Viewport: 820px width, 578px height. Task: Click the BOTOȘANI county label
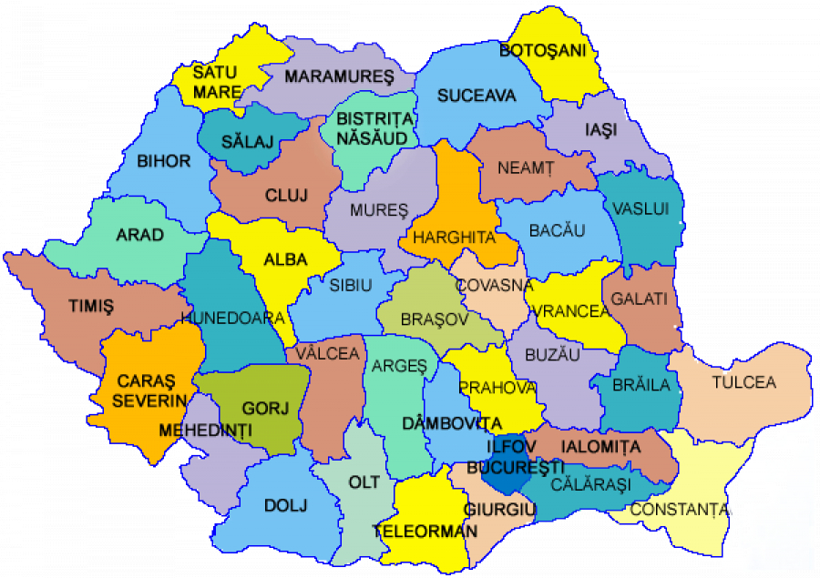(x=542, y=50)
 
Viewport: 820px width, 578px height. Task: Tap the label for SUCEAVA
(x=477, y=96)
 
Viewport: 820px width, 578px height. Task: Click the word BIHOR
(x=164, y=162)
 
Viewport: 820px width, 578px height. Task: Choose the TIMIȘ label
(x=91, y=306)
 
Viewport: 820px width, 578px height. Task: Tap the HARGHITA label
(x=454, y=238)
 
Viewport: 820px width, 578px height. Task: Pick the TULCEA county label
(x=743, y=382)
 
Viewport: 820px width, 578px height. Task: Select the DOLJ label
(x=286, y=505)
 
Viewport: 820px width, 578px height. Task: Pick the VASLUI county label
(x=641, y=209)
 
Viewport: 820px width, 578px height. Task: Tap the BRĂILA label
(x=640, y=385)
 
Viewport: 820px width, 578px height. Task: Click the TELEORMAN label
(x=425, y=531)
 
